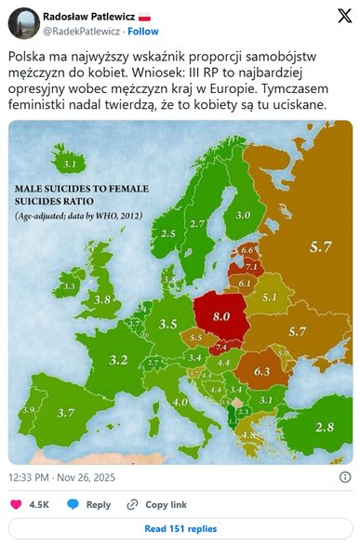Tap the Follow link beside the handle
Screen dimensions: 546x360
tap(143, 31)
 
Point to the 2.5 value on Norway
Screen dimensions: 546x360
tap(168, 233)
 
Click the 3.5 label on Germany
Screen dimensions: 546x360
tap(168, 324)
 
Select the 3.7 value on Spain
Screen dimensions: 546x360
tap(66, 413)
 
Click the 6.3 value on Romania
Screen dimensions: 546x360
tap(261, 371)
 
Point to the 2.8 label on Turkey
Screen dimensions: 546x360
tap(323, 426)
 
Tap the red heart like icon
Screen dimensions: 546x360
tap(16, 504)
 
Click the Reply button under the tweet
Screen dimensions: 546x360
tap(89, 504)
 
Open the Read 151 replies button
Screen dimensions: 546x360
tap(180, 528)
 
